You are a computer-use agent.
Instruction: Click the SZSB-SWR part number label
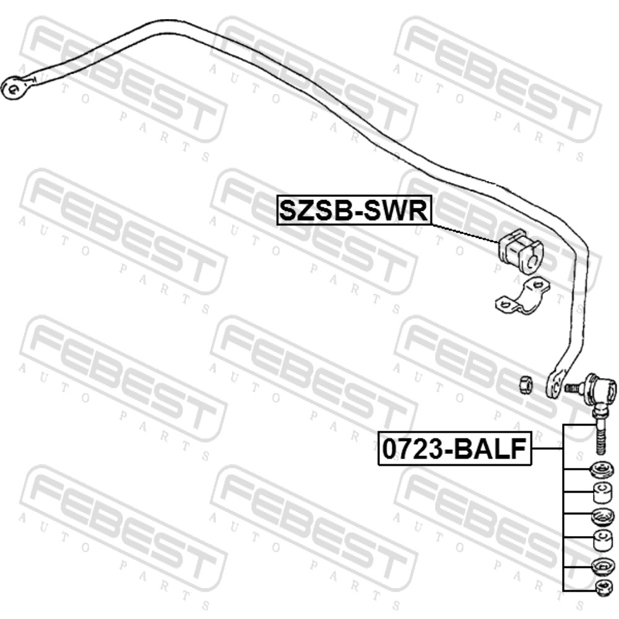point(353,210)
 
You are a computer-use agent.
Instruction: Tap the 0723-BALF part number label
point(455,449)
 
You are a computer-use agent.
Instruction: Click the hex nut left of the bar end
point(526,384)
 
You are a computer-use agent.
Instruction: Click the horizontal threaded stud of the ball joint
point(575,387)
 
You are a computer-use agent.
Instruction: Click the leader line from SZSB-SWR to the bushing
point(465,232)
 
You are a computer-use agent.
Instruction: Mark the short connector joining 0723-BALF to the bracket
point(547,449)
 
